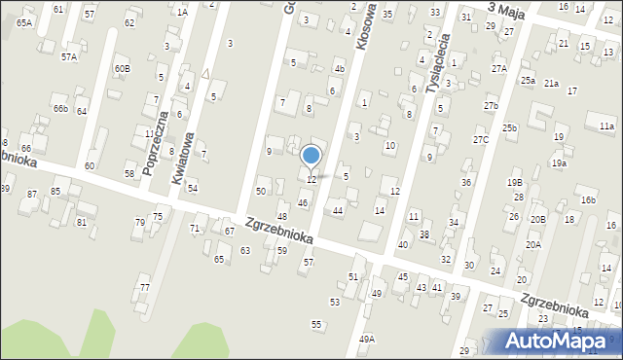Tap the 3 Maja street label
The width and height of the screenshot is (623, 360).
pyautogui.click(x=506, y=8)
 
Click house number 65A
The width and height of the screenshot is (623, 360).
pyautogui.click(x=23, y=22)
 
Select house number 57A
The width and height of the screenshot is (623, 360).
pyautogui.click(x=69, y=57)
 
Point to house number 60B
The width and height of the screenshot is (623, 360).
pyautogui.click(x=122, y=69)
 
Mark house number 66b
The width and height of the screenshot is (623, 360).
pyautogui.click(x=60, y=108)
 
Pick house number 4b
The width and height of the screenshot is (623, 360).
pyautogui.click(x=339, y=69)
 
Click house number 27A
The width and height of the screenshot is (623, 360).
pyautogui.click(x=499, y=69)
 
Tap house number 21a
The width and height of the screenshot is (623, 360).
pyautogui.click(x=552, y=84)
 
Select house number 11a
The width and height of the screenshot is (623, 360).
pyautogui.click(x=607, y=126)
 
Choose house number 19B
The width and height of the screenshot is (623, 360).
pyautogui.click(x=515, y=182)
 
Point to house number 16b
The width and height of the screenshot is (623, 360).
pyautogui.click(x=588, y=200)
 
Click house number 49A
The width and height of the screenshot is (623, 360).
pyautogui.click(x=366, y=339)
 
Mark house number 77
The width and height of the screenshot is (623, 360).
pyautogui.click(x=144, y=287)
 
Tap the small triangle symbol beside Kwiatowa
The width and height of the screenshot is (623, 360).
pyautogui.click(x=206, y=73)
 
